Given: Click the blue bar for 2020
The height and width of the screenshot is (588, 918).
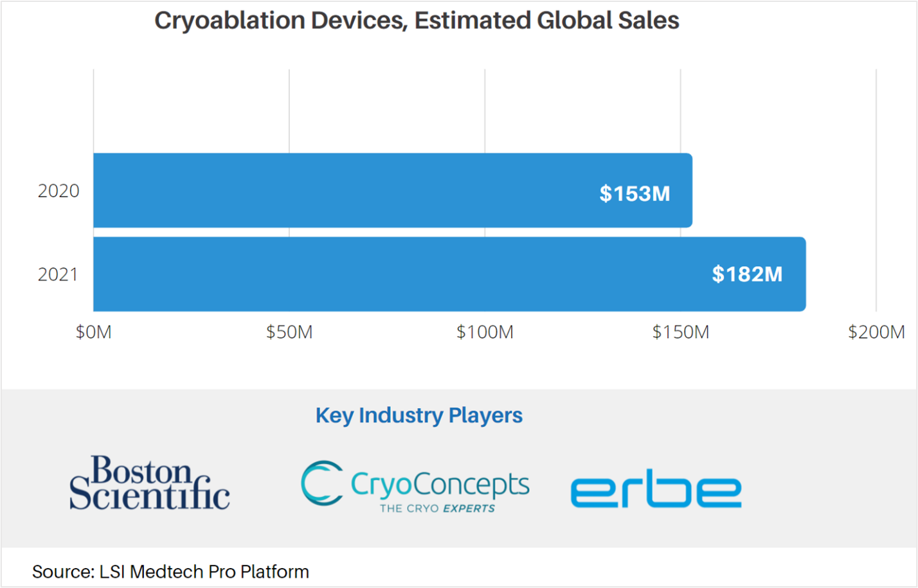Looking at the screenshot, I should point(392,190).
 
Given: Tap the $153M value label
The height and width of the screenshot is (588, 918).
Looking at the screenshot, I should point(634,193).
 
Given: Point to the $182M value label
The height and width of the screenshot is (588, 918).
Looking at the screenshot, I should point(747,274).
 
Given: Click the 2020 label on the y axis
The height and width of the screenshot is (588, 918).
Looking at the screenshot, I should point(59,191).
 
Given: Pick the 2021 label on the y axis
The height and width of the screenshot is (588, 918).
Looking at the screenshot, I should point(59,274).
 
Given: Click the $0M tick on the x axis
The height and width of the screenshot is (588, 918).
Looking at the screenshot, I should point(94,332).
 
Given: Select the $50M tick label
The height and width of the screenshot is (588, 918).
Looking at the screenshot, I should point(289,332).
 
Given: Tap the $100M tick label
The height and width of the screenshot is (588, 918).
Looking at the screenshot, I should point(485,332).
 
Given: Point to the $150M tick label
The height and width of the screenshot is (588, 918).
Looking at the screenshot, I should point(681,332).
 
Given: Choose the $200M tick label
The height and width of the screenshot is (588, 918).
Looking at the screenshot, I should point(876,332).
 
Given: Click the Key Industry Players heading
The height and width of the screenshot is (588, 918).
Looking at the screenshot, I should point(419,415).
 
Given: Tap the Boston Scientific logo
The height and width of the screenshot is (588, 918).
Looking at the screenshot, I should point(149,483).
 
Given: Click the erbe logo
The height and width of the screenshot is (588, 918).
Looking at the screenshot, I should point(656,489).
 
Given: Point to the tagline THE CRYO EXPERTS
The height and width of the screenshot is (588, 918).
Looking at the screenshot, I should point(437,508).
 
